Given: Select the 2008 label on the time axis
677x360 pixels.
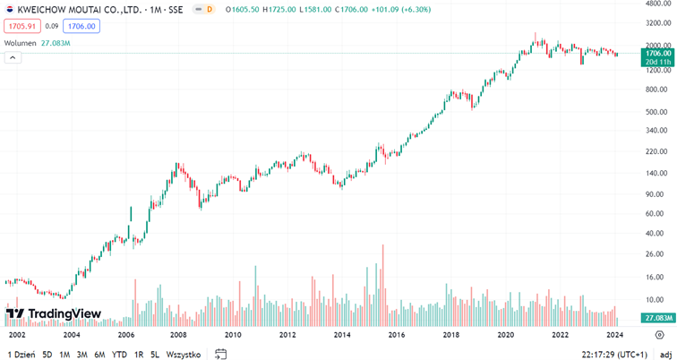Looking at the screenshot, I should [x=178, y=335].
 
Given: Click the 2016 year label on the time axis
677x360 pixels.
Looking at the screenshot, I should [x=397, y=335].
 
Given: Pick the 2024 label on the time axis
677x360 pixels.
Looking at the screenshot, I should [x=614, y=335].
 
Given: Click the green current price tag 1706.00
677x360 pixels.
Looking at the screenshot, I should [x=657, y=54].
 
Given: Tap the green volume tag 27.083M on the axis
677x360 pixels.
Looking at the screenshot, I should [x=657, y=318].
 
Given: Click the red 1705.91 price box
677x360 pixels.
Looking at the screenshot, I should [x=21, y=27].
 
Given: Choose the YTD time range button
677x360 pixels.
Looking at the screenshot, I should [x=119, y=355].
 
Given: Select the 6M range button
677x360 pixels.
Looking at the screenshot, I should [x=99, y=355].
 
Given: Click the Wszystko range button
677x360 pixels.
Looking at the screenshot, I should [x=184, y=355].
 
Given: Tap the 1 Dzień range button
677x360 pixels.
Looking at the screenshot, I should [x=21, y=355].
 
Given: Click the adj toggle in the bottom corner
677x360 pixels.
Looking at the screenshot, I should [x=665, y=355].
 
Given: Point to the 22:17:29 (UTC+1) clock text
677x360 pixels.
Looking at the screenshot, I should [x=614, y=355].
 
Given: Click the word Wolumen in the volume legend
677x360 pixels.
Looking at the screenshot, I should [x=20, y=43].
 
